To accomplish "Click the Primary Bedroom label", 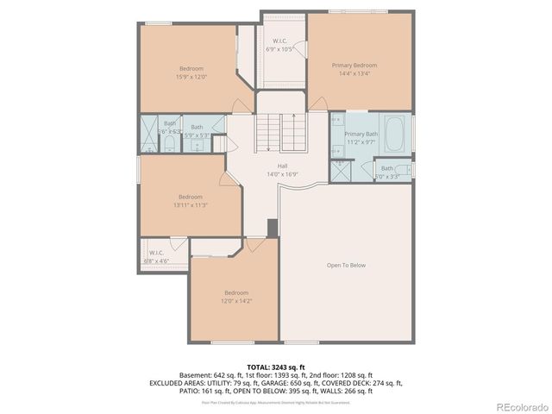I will [354, 66].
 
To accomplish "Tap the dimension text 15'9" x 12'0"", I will [191, 77].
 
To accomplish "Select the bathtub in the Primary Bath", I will [395, 135].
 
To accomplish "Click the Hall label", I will [282, 166].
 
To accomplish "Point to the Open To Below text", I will [346, 265].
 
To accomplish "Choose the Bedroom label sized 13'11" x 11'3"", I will [191, 197].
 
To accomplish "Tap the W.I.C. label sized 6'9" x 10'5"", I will [280, 41].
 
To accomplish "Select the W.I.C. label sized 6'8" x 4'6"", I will [156, 253].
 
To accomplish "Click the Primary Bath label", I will [361, 135].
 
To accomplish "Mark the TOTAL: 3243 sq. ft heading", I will [275, 367].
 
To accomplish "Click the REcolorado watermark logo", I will [519, 406].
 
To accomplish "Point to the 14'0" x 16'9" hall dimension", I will [282, 173].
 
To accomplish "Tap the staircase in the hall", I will [282, 133].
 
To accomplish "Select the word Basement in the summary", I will [194, 375].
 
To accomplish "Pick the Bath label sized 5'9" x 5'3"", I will [198, 128].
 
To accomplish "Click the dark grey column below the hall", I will [273, 228].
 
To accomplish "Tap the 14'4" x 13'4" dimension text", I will [354, 74].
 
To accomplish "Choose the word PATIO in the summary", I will [189, 391].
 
